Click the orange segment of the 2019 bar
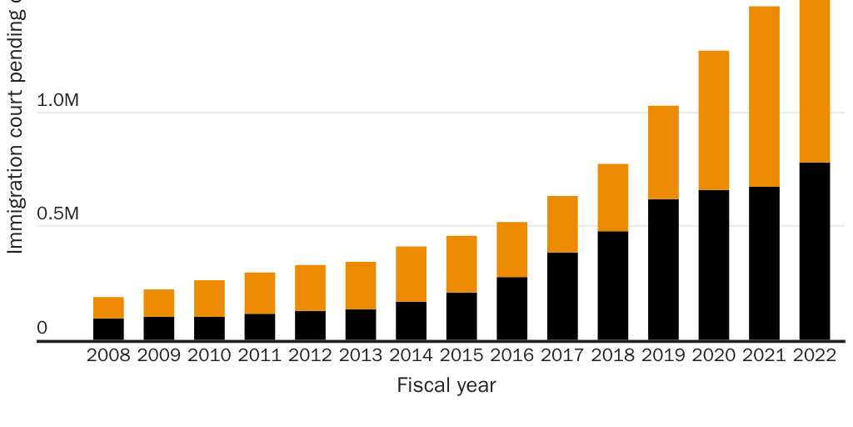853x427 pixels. [x=663, y=153]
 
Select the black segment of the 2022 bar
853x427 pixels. [x=815, y=251]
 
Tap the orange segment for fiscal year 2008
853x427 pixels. [x=108, y=308]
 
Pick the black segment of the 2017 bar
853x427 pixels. [x=562, y=296]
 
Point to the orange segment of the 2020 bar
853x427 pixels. [x=714, y=121]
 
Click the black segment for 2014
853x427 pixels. [x=411, y=321]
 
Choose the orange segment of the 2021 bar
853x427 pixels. [x=764, y=97]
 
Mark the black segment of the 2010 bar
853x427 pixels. [x=209, y=329]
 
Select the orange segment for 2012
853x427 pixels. [x=310, y=288]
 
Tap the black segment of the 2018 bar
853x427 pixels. [x=612, y=285]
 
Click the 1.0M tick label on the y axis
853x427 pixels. [x=57, y=101]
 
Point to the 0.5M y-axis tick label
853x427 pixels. [x=57, y=214]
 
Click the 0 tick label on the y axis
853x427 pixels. [x=42, y=329]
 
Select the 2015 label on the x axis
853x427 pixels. [x=461, y=356]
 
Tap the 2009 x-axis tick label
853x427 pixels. [x=158, y=356]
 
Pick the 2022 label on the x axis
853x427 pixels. [x=814, y=356]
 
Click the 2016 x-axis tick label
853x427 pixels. [x=511, y=356]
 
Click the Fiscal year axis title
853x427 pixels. [x=446, y=386]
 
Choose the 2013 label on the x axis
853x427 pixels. [x=360, y=356]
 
